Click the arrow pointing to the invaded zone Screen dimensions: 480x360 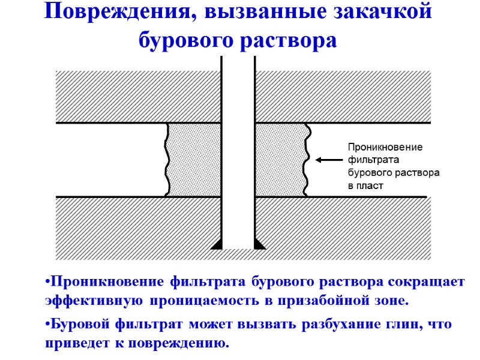(x=328, y=160)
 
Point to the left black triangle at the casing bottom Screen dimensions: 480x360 (x=217, y=243)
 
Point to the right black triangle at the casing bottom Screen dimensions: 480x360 (x=260, y=243)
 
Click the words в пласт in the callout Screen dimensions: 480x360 (x=366, y=186)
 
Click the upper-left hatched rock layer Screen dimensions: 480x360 (x=138, y=97)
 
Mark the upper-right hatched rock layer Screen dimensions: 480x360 (x=343, y=97)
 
